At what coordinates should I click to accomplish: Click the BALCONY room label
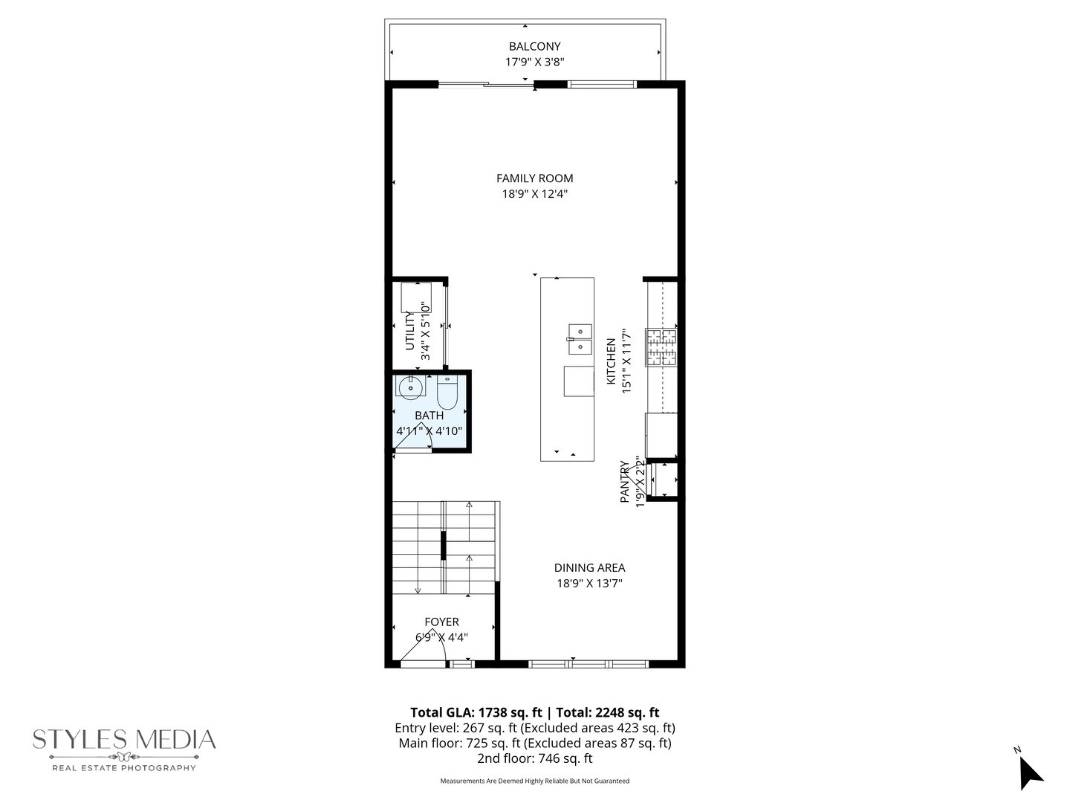click(534, 46)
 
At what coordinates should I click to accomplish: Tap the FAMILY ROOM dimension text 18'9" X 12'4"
click(534, 194)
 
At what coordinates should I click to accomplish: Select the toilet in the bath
click(447, 392)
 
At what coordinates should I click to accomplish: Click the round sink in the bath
click(409, 387)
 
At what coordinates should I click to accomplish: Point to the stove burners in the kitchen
click(661, 347)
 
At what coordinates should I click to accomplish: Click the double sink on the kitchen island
click(580, 339)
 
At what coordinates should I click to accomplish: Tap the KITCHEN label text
click(611, 361)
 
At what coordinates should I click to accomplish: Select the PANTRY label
click(624, 482)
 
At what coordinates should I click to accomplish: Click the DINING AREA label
click(589, 567)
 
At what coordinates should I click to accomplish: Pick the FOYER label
click(441, 622)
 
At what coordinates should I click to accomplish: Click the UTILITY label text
click(409, 331)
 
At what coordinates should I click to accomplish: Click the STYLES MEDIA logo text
click(124, 739)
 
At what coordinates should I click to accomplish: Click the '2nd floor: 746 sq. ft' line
click(534, 758)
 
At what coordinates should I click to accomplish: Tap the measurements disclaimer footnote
click(534, 781)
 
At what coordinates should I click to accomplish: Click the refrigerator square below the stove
click(661, 435)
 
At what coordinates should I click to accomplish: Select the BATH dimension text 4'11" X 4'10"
click(429, 430)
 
